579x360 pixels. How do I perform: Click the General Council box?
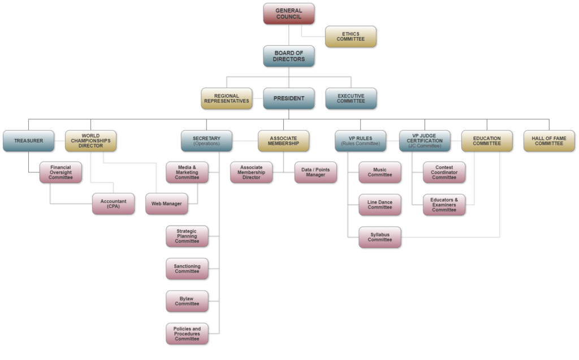[288, 14]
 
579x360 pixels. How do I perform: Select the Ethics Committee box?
[351, 37]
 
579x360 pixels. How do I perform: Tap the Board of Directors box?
[288, 56]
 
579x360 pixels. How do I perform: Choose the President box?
[288, 98]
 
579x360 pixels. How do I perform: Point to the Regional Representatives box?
[227, 98]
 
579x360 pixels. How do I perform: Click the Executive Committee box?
[351, 98]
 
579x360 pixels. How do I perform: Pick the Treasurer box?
[29, 140]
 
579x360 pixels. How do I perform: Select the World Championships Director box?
[90, 140]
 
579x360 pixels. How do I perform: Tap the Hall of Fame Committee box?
[548, 140]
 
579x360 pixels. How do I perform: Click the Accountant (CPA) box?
[114, 203]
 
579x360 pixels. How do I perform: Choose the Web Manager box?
[166, 203]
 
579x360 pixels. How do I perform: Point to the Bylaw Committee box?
[187, 301]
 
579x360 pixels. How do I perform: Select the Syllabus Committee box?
[380, 237]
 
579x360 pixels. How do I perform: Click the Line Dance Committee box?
[380, 203]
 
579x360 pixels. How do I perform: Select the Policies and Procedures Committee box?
[187, 333]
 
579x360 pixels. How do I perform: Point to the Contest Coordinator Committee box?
[444, 172]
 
